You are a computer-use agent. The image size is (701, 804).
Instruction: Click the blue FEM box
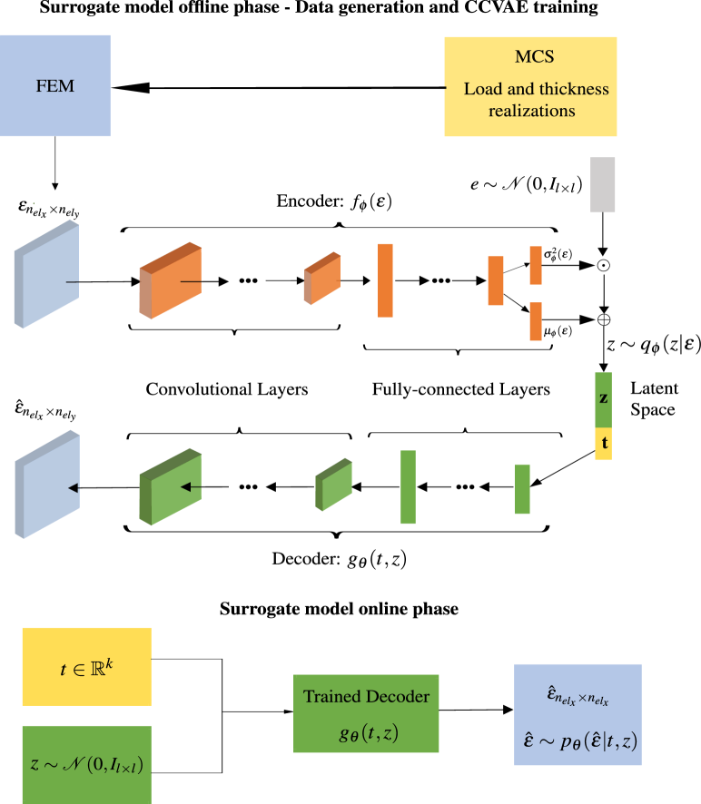tap(54, 86)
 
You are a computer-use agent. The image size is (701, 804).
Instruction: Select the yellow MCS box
tap(530, 86)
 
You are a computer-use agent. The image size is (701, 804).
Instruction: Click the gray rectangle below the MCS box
tap(603, 185)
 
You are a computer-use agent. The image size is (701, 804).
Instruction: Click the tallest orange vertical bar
tap(385, 280)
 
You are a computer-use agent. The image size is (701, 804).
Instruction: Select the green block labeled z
tap(603, 399)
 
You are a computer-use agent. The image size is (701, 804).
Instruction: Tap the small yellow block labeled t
tap(603, 444)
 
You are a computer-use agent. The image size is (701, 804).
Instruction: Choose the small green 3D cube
tap(333, 484)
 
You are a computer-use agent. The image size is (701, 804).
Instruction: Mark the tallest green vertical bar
tap(408, 487)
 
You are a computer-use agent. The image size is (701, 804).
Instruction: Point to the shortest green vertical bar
tap(522, 489)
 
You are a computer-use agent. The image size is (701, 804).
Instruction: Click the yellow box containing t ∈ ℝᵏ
tap(86, 666)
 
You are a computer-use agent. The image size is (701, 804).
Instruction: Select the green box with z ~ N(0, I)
tap(86, 764)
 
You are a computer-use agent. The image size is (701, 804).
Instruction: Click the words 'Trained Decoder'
tap(366, 697)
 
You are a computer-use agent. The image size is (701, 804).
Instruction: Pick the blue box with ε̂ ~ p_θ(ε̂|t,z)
tap(578, 714)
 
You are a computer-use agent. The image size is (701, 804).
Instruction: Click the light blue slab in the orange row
tap(46, 273)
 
